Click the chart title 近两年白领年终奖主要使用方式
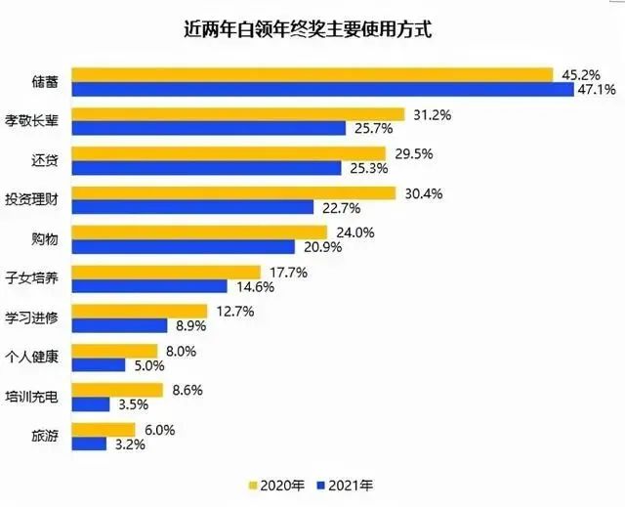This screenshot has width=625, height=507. [x=312, y=30]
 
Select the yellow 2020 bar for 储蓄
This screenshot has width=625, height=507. [x=313, y=75]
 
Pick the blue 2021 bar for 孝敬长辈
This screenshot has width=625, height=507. [x=209, y=129]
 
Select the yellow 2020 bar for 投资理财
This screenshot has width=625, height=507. [x=234, y=193]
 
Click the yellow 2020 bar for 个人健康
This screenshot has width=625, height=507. [x=115, y=351]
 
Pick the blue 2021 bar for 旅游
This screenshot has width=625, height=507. [x=90, y=444]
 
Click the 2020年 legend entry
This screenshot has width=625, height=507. [x=278, y=484]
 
